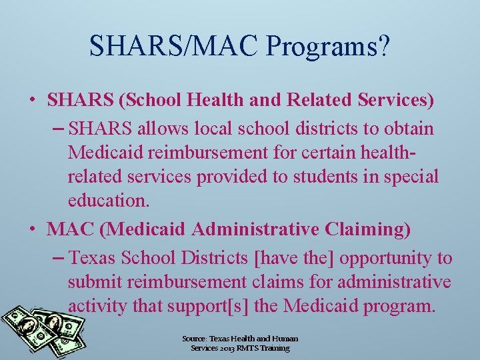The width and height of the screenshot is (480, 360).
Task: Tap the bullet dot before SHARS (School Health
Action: [x=32, y=101]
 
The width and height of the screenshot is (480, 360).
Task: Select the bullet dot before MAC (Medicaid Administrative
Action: [x=32, y=229]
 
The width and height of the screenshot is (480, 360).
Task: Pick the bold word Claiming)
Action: [x=369, y=229]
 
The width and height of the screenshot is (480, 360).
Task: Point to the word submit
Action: [x=99, y=282]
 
